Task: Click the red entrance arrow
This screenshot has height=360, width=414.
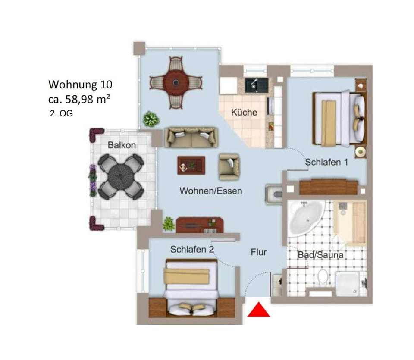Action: click(x=259, y=310)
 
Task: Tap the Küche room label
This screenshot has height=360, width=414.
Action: click(x=244, y=113)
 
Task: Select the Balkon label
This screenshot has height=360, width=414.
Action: click(x=122, y=145)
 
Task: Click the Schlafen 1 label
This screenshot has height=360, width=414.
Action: click(x=326, y=163)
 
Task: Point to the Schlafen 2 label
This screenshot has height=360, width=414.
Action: click(x=192, y=249)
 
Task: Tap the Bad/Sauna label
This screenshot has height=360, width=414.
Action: click(x=320, y=255)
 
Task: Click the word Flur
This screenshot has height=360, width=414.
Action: click(x=259, y=252)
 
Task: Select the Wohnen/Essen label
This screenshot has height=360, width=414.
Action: click(x=211, y=191)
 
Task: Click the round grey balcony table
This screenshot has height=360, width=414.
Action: click(x=121, y=175)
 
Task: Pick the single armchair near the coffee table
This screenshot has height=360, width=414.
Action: click(x=229, y=166)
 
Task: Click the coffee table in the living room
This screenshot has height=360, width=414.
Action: click(x=191, y=165)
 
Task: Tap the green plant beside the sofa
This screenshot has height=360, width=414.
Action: click(x=151, y=119)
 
